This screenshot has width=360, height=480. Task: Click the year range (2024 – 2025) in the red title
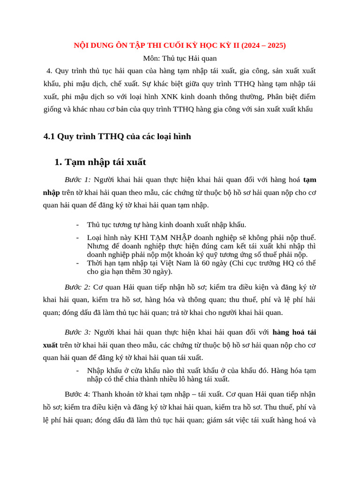263,45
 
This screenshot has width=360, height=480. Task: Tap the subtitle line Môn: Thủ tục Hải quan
180,58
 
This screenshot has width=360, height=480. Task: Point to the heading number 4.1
49,136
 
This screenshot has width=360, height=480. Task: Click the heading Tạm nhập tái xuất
105,162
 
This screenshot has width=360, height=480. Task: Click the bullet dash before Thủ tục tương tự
77,225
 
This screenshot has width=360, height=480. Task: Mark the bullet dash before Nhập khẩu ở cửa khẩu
77,371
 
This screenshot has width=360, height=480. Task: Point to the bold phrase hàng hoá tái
294,332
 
